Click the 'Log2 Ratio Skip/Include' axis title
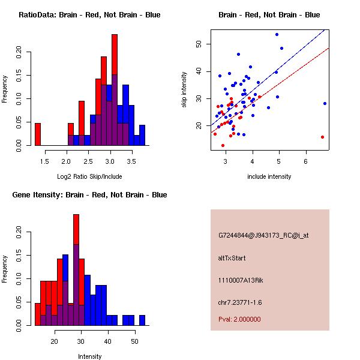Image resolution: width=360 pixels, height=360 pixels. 89,176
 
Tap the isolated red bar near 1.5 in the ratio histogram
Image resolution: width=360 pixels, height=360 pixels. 37,134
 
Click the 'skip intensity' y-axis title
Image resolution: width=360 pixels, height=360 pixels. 184,90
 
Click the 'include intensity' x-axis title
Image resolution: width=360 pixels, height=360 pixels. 269,176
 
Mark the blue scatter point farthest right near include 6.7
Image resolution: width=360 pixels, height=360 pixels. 325,103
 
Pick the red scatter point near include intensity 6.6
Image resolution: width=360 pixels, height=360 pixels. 322,137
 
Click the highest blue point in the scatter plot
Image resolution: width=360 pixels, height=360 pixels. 277,34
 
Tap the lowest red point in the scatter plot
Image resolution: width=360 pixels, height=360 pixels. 223,145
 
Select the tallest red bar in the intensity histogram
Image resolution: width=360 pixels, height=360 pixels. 76,228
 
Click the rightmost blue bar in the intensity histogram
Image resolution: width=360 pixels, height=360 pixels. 142,320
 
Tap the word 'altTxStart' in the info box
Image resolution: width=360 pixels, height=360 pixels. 232,258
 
